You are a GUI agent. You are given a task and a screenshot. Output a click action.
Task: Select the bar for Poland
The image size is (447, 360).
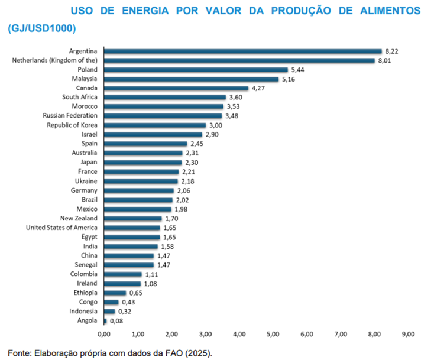coord(195,70)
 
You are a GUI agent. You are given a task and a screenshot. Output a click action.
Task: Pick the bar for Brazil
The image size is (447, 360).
coord(138,200)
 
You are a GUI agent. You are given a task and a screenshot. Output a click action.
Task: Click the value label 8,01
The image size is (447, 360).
coord(385,60)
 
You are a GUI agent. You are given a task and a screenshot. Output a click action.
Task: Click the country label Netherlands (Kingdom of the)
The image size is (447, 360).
coord(55,60)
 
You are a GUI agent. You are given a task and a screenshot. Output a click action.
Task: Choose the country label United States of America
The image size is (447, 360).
coord(57,228)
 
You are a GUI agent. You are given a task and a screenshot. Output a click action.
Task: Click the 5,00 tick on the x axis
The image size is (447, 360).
coord(273,335)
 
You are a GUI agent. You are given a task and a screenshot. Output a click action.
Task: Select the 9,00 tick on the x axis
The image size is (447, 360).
coord(408,335)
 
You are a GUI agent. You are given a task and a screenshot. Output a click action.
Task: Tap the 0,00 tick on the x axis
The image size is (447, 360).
coord(104,335)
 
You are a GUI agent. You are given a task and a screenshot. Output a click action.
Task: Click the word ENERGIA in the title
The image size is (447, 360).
coord(151,11)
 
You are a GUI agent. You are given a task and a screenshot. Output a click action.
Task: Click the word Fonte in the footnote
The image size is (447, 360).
coord(20,353)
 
